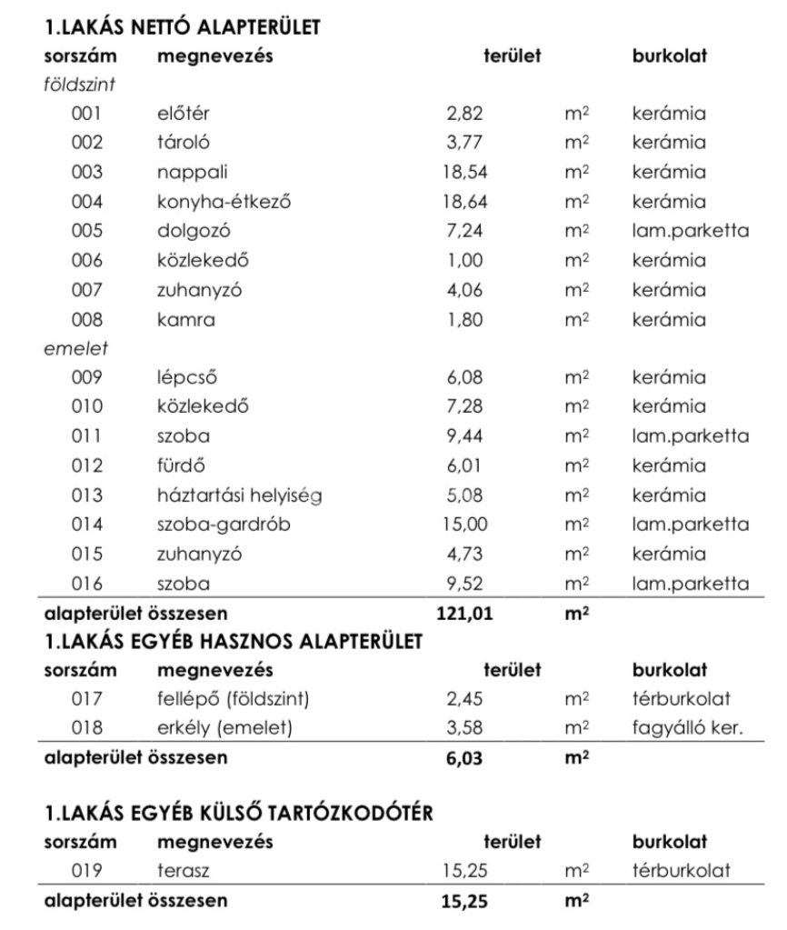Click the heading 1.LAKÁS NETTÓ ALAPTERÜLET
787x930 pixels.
(x=181, y=28)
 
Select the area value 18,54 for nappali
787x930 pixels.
(x=465, y=172)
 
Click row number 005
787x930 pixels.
(x=87, y=231)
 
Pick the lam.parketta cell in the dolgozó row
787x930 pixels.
(x=690, y=231)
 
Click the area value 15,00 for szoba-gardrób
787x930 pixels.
(x=466, y=525)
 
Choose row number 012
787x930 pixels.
(x=87, y=467)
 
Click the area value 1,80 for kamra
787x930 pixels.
(x=463, y=319)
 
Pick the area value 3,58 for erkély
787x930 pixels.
(x=463, y=726)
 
